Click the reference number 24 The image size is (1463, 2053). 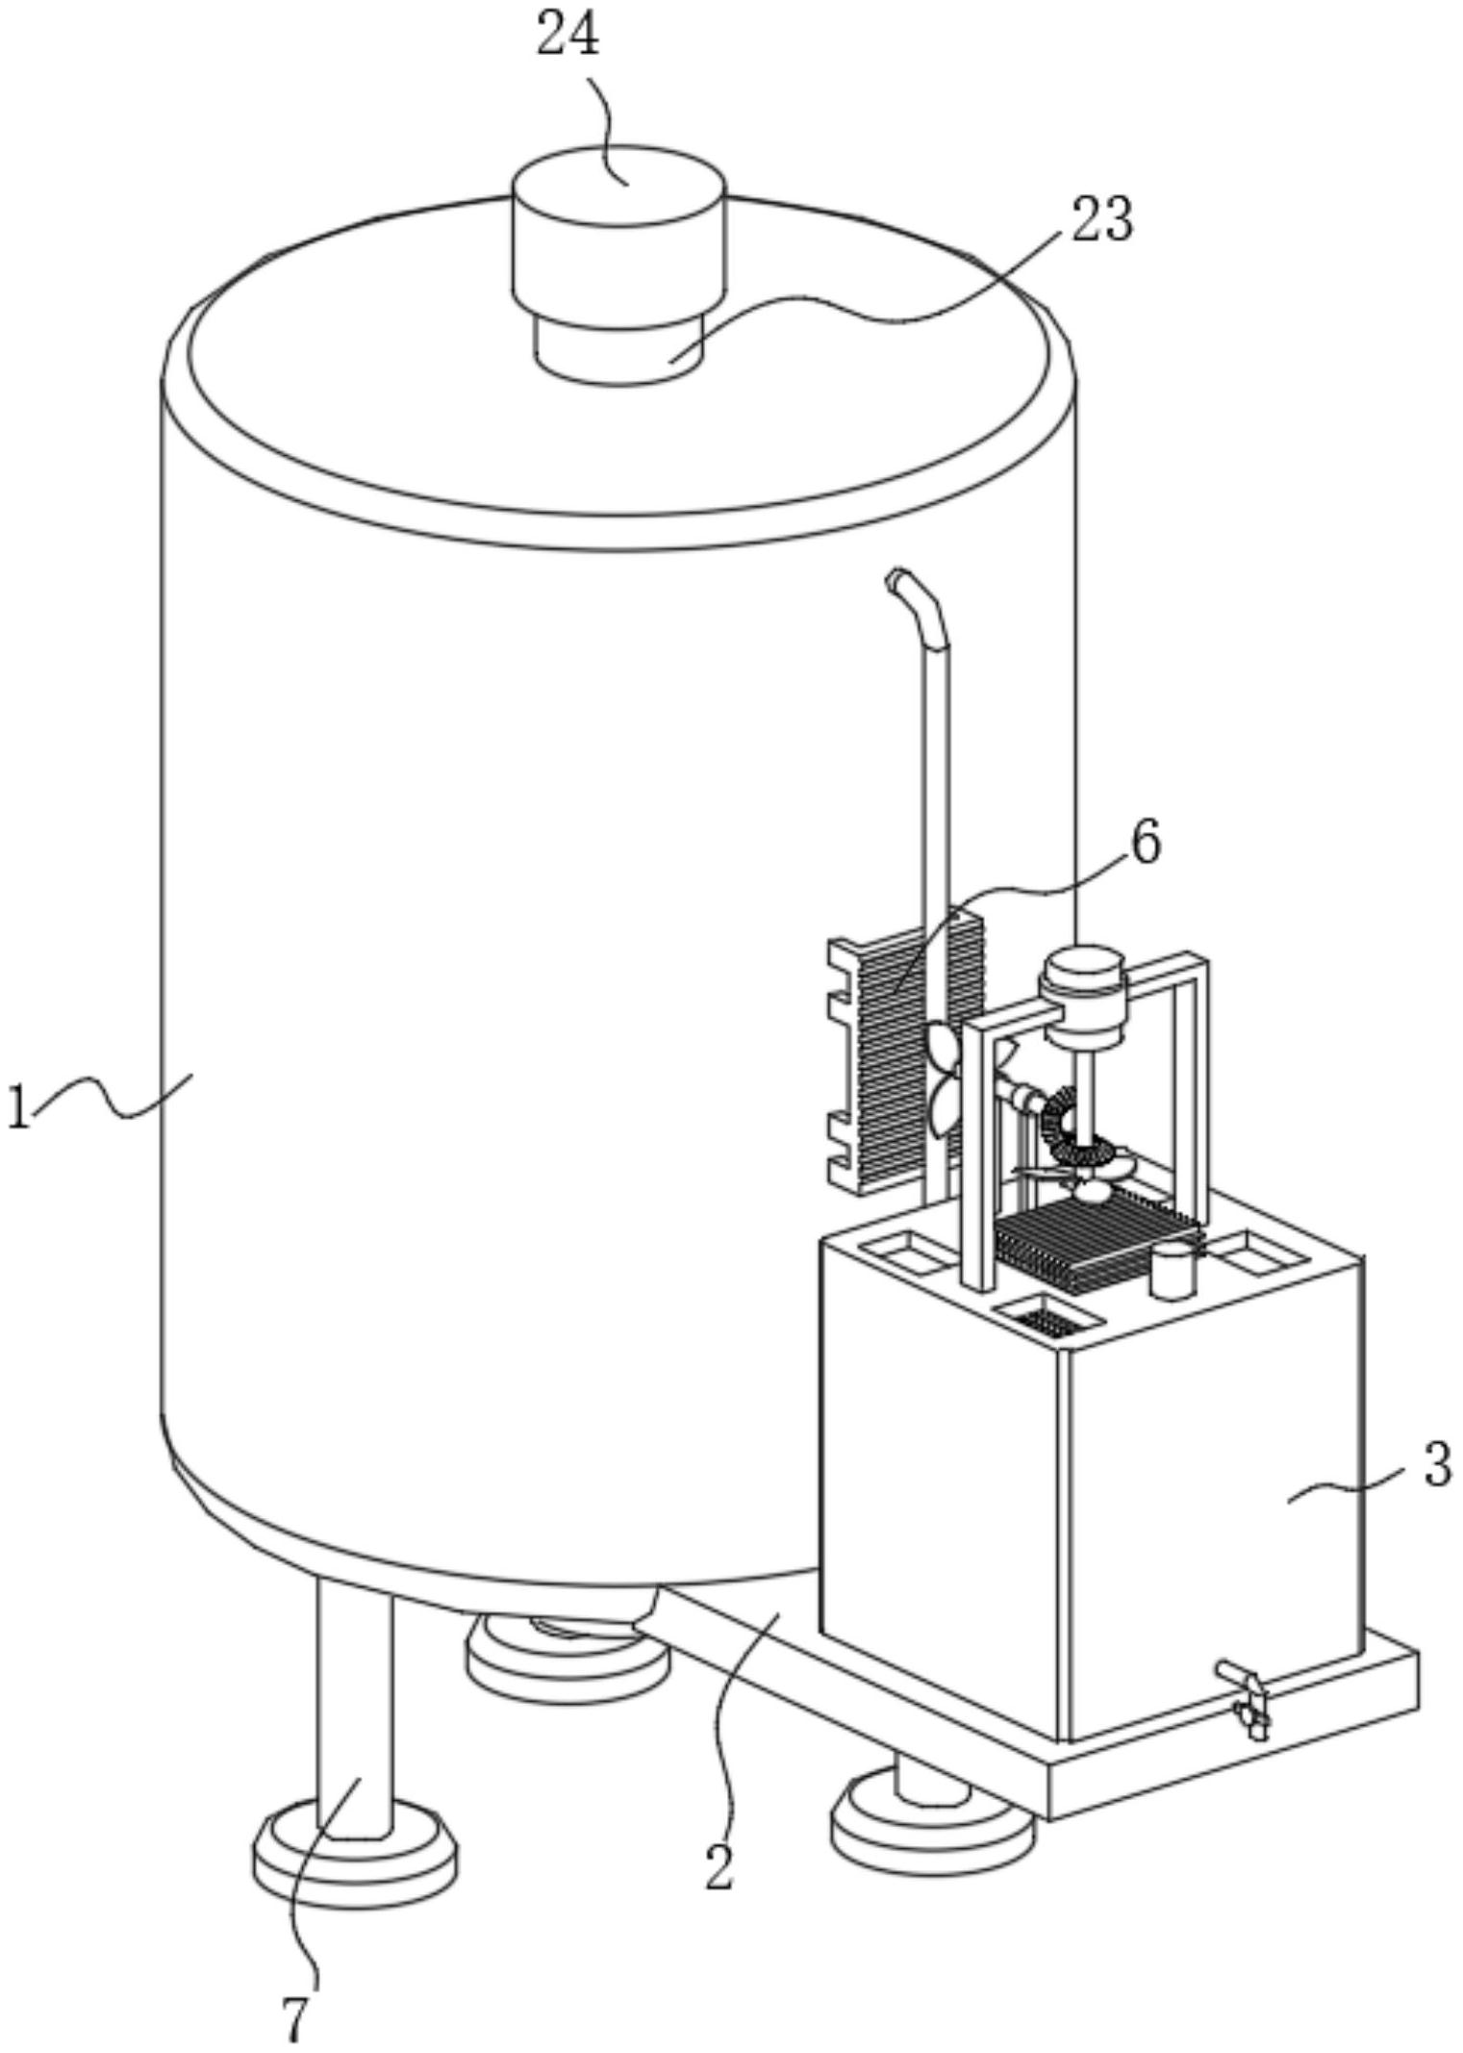[568, 35]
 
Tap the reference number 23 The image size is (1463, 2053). [1102, 219]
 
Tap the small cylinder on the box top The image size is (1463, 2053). [1173, 1269]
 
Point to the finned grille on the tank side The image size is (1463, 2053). [905, 1052]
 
